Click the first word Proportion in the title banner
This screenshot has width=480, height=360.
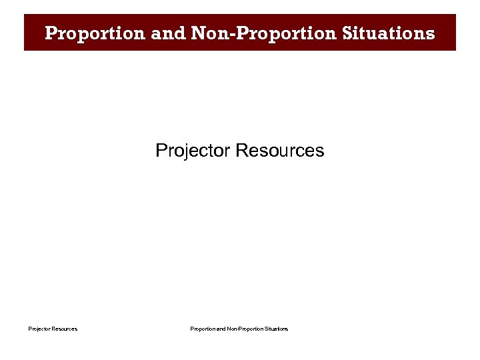pyautogui.click(x=95, y=33)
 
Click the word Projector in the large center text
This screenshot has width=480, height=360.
pyautogui.click(x=193, y=151)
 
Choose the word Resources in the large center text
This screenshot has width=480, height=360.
pyautogui.click(x=280, y=151)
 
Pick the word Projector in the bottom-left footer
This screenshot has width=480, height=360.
pyautogui.click(x=39, y=329)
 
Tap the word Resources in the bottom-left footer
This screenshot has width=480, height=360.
pyautogui.click(x=65, y=329)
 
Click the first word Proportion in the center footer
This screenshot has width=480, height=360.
pyautogui.click(x=203, y=329)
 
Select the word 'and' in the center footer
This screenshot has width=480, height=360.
pyautogui.click(x=221, y=329)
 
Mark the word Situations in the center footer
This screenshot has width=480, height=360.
pyautogui.click(x=277, y=329)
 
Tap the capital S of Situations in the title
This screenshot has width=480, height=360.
pyautogui.click(x=349, y=33)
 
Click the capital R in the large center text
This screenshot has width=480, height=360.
pyautogui.click(x=242, y=151)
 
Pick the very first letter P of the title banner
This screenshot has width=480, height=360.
pyautogui.click(x=51, y=33)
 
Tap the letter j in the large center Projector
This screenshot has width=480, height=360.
pyautogui.click(x=183, y=152)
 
